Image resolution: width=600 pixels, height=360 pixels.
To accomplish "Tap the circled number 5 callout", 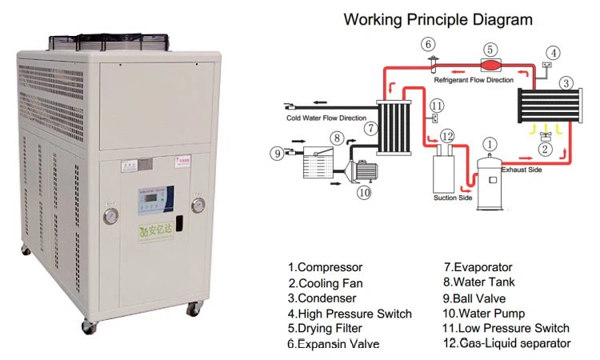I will [x=490, y=50].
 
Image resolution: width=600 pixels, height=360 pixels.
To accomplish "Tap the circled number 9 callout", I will [x=277, y=153].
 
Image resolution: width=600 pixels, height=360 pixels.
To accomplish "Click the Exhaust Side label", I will [x=522, y=170].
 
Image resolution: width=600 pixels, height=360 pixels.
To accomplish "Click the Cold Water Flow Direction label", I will [x=326, y=118].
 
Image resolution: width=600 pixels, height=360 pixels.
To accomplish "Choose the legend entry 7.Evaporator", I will [x=478, y=267].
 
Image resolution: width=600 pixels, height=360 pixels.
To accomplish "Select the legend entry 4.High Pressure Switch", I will [x=350, y=314].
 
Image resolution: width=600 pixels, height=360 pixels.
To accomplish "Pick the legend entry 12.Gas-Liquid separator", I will [x=507, y=343].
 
